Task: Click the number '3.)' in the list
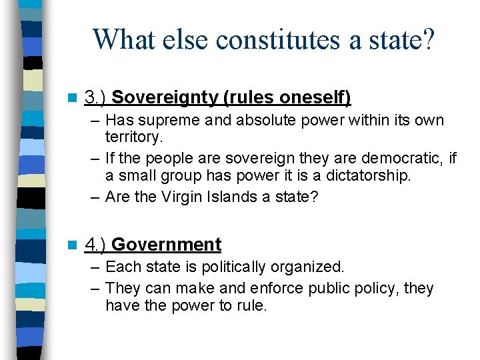(x=96, y=97)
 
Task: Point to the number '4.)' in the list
(x=96, y=245)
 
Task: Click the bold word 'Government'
(x=167, y=245)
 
